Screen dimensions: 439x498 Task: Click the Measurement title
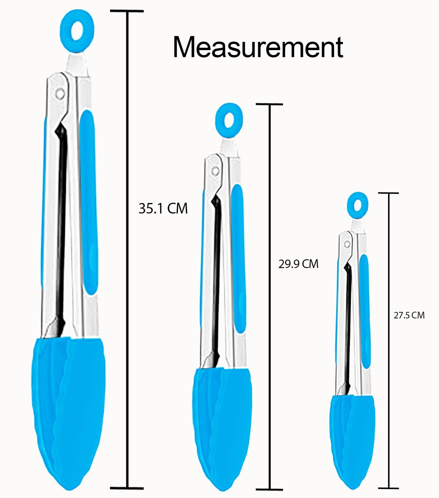click(258, 47)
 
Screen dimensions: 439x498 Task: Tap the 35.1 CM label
click(163, 208)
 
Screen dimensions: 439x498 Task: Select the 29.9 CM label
click(298, 264)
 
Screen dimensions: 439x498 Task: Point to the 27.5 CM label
click(409, 315)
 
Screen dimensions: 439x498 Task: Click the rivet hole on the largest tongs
click(60, 93)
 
